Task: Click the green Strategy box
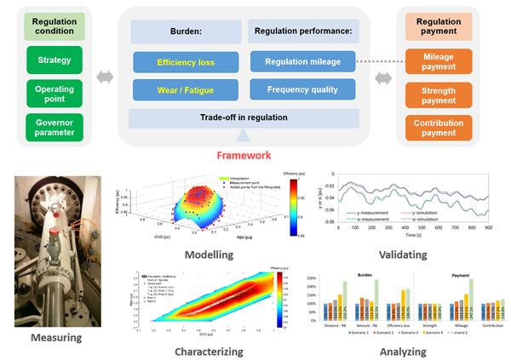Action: pyautogui.click(x=55, y=60)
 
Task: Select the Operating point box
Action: pyautogui.click(x=55, y=94)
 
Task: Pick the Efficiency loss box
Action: pyautogui.click(x=186, y=62)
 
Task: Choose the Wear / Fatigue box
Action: pyautogui.click(x=186, y=89)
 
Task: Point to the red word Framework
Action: pyautogui.click(x=244, y=156)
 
